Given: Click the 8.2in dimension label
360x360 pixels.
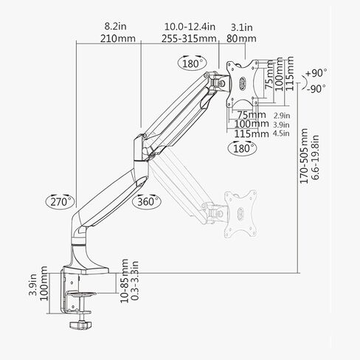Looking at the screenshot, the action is click(x=115, y=26).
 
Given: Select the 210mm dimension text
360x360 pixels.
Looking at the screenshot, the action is click(x=118, y=38).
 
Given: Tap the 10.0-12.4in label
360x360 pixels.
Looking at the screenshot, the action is click(x=190, y=27).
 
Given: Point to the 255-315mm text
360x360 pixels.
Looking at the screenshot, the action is click(x=189, y=38).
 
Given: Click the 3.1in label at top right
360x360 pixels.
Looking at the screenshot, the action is click(x=241, y=27).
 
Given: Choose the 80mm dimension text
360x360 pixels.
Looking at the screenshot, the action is click(x=241, y=38).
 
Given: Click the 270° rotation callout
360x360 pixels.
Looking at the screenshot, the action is click(x=60, y=201).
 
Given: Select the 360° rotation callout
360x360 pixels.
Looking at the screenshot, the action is click(x=147, y=201).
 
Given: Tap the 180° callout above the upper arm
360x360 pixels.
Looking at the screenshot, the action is click(x=192, y=63).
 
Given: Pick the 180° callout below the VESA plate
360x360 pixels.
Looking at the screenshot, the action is click(x=242, y=148).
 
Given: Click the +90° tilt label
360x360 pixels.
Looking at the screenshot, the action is click(x=316, y=73).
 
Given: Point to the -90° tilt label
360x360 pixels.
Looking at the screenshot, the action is click(x=316, y=89).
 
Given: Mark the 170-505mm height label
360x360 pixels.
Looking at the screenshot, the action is click(x=304, y=156).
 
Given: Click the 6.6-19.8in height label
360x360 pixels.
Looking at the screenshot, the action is click(x=315, y=157).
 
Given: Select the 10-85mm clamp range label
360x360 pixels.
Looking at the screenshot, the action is click(x=124, y=280).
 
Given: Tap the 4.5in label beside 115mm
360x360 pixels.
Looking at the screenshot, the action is click(x=281, y=134).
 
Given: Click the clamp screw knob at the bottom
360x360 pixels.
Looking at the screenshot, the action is click(x=80, y=325).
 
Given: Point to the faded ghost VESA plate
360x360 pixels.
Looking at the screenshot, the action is click(x=240, y=213).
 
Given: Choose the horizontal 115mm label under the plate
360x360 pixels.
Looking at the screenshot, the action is click(x=252, y=134).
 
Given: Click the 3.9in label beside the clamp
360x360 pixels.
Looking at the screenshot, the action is click(x=32, y=285).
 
